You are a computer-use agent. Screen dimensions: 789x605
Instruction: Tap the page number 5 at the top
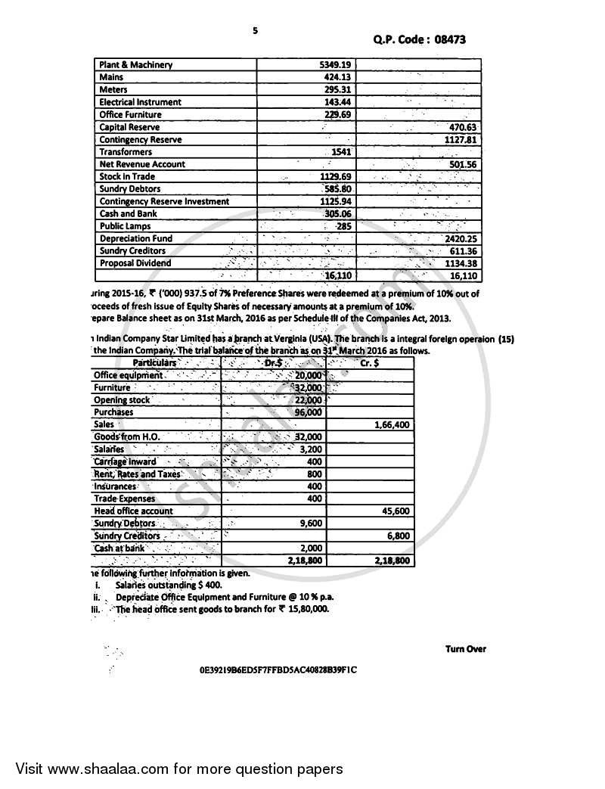255,30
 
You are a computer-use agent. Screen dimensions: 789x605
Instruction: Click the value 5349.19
336,65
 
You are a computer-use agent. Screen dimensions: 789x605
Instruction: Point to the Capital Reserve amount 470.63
461,127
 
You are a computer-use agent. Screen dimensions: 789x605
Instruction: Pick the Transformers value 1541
342,152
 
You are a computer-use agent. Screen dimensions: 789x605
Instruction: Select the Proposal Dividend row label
135,263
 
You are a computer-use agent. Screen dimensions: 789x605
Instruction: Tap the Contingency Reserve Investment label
164,201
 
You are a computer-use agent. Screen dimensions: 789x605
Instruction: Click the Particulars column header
154,363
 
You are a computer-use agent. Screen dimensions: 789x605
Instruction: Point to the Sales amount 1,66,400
392,425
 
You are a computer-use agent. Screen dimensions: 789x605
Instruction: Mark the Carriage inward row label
125,461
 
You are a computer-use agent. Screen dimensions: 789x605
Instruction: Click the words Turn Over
466,649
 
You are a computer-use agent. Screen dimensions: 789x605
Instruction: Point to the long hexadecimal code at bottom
278,670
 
